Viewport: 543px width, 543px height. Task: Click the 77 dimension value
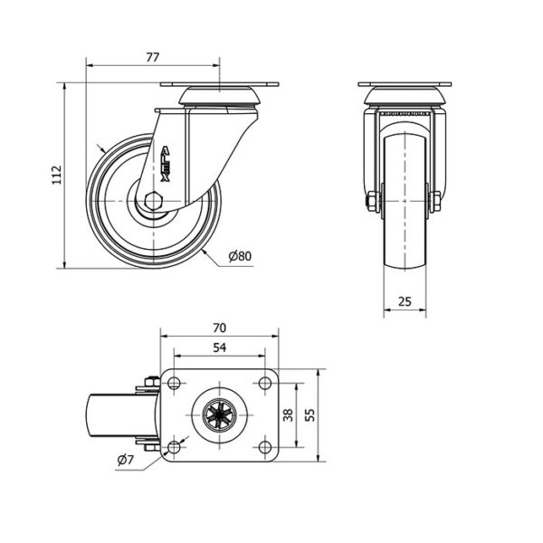tap(152, 57)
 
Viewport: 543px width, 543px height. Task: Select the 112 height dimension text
tap(57, 176)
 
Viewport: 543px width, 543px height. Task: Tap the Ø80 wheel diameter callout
tap(240, 256)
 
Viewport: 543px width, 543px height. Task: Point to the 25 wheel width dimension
tap(405, 301)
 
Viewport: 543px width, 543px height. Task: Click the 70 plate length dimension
tap(220, 328)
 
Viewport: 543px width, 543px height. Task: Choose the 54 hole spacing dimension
tap(220, 348)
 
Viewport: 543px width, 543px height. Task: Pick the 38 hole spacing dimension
tap(288, 414)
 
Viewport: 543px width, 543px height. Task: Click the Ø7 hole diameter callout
tap(126, 460)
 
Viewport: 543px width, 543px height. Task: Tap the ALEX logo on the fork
tap(166, 164)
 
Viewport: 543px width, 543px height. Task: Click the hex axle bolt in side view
tap(154, 201)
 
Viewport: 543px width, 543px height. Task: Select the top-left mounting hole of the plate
tap(174, 384)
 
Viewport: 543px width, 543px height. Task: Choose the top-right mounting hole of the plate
tap(265, 384)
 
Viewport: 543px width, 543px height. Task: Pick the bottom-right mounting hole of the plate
tap(265, 447)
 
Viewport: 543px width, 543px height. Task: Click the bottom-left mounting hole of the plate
tap(174, 447)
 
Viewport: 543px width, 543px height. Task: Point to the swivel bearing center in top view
tap(220, 414)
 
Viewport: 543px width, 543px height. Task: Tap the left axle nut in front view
tap(373, 201)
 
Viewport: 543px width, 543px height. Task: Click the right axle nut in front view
tap(435, 201)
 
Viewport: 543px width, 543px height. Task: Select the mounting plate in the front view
tap(405, 84)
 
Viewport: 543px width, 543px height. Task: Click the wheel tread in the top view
tap(121, 414)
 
